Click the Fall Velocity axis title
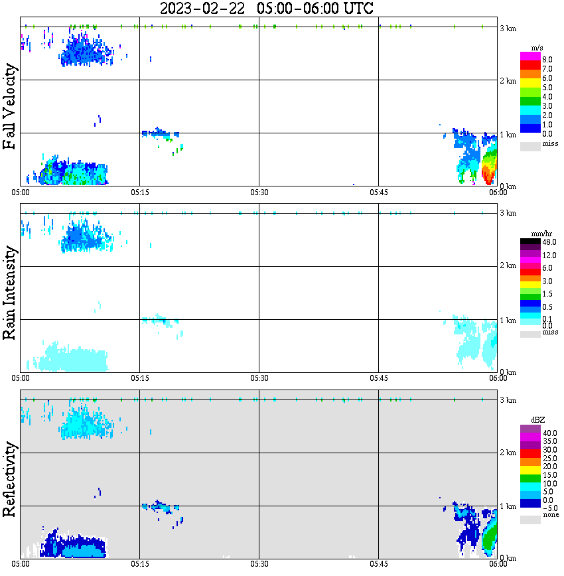click(11, 108)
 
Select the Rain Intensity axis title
click(11, 293)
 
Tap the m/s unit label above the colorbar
click(538, 48)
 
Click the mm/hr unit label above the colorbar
click(538, 234)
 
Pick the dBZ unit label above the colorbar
click(538, 421)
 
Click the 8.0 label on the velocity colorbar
click(547, 59)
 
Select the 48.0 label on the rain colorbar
click(548, 242)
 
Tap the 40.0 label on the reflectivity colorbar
click(548, 433)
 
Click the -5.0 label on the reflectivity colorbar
click(548, 508)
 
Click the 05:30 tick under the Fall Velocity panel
click(259, 192)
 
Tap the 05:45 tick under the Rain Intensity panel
click(378, 378)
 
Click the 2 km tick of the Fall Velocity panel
click(508, 81)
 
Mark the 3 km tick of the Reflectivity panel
click(508, 400)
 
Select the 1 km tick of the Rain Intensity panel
click(508, 321)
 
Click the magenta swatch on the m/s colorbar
click(530, 56)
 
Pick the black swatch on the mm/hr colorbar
click(530, 241)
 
